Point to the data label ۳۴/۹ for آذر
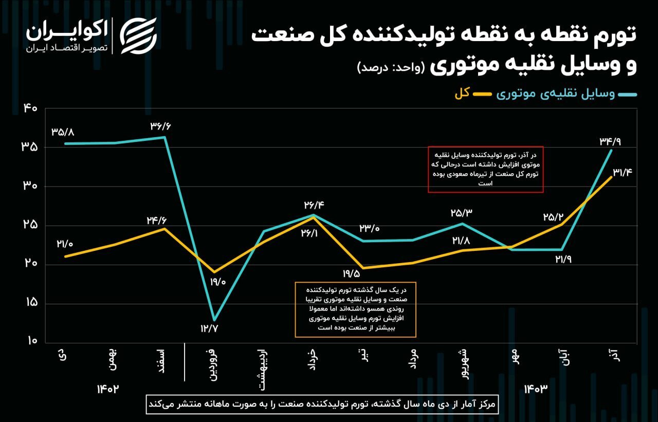click(610, 141)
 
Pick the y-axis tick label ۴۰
click(29, 108)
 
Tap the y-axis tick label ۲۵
click(29, 225)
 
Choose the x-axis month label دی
click(62, 355)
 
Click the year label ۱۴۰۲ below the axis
click(108, 389)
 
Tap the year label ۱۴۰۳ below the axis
click(536, 389)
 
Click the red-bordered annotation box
click(485, 169)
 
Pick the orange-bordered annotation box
click(355, 309)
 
